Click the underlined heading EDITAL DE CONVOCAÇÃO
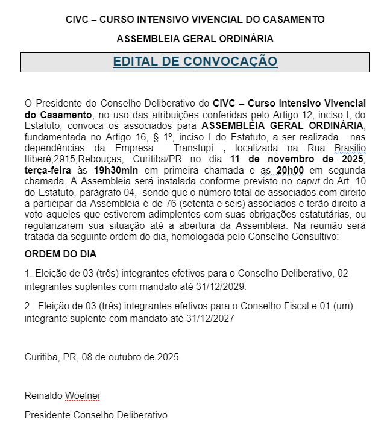coord(195,61)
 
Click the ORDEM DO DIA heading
coord(61,254)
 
